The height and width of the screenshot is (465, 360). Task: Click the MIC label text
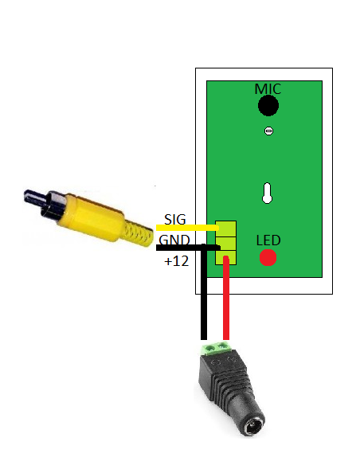pos(268,89)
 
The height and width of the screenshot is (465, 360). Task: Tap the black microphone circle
pos(268,106)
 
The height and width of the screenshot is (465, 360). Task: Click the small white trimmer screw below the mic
pos(268,131)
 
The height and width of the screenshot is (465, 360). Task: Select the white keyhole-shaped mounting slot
pos(267,193)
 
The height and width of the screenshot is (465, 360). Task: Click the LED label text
pos(268,240)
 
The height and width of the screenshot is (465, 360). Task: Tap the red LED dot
pos(268,257)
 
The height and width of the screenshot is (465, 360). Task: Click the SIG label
pos(175,220)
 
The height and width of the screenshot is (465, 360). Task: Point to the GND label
pos(174,240)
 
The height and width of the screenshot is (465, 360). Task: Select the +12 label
pos(177,261)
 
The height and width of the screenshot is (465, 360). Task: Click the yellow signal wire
pos(187,228)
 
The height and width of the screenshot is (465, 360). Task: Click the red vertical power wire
pos(226,298)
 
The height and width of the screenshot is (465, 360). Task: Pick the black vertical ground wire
pos(204,292)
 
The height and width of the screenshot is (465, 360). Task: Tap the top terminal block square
pos(225,229)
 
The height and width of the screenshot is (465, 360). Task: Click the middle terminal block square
pos(225,244)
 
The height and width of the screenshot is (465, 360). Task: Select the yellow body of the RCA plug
pos(91,217)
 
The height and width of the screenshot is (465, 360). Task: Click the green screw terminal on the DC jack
pos(217,349)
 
